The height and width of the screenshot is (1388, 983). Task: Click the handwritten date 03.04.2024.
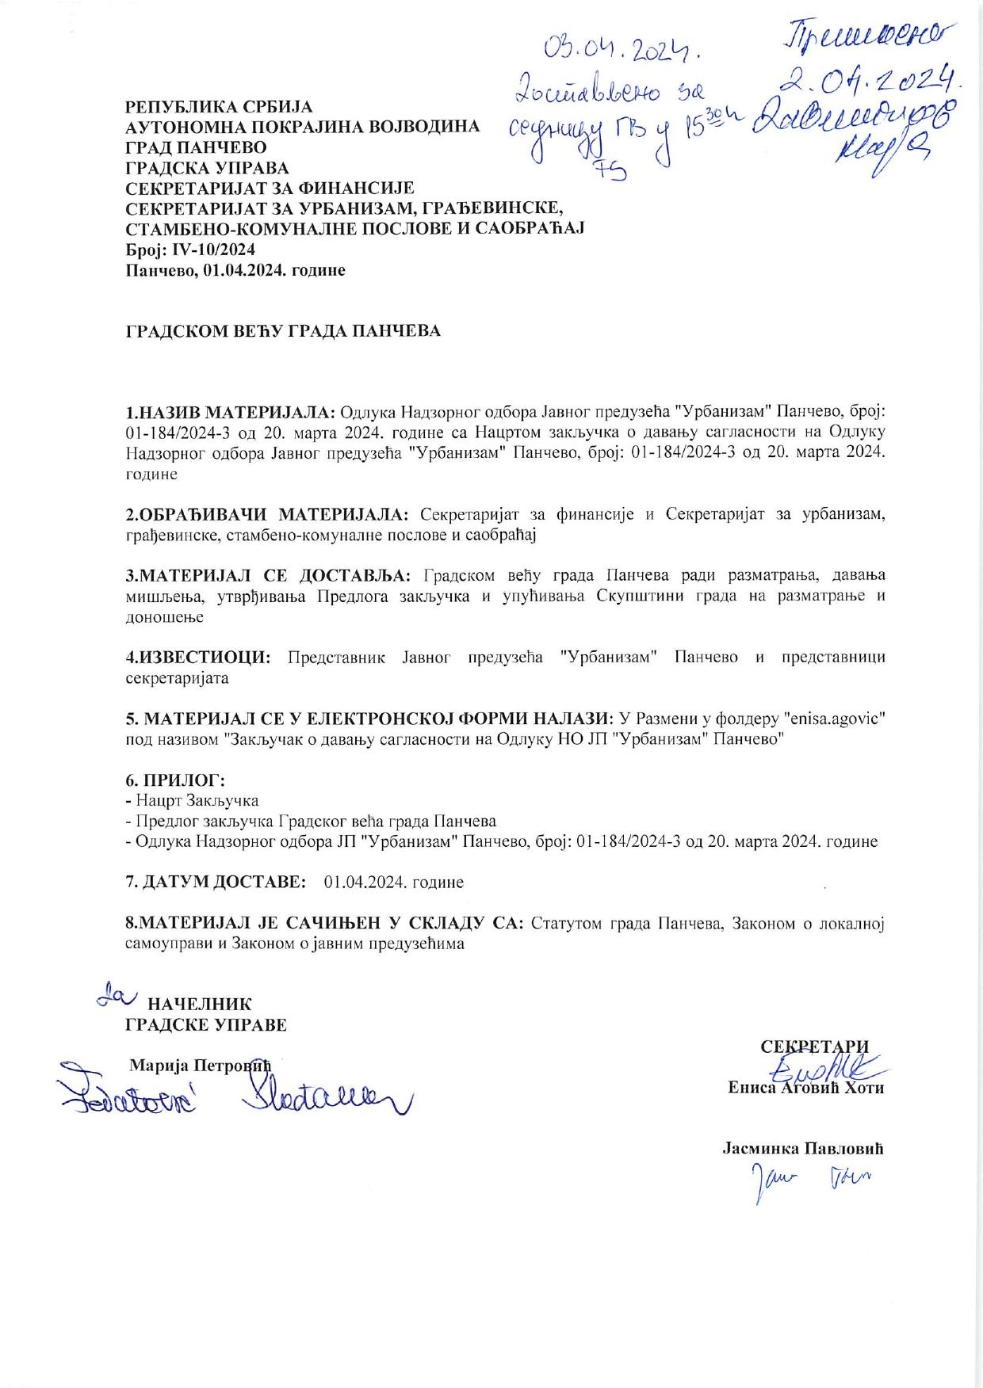point(624,50)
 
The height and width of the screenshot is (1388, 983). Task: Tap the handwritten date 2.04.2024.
point(869,77)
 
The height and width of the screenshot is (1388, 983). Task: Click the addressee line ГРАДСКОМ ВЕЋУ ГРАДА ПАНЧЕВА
point(283,331)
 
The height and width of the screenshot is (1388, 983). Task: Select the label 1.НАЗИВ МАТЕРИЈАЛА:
point(231,413)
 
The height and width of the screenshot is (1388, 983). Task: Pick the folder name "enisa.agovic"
point(833,718)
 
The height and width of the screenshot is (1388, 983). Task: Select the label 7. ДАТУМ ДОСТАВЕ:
point(216,882)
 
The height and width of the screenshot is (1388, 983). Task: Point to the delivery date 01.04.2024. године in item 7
point(394,882)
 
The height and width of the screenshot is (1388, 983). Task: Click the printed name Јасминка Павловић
point(802,1148)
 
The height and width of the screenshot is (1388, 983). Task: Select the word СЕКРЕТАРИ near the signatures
point(814,1047)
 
